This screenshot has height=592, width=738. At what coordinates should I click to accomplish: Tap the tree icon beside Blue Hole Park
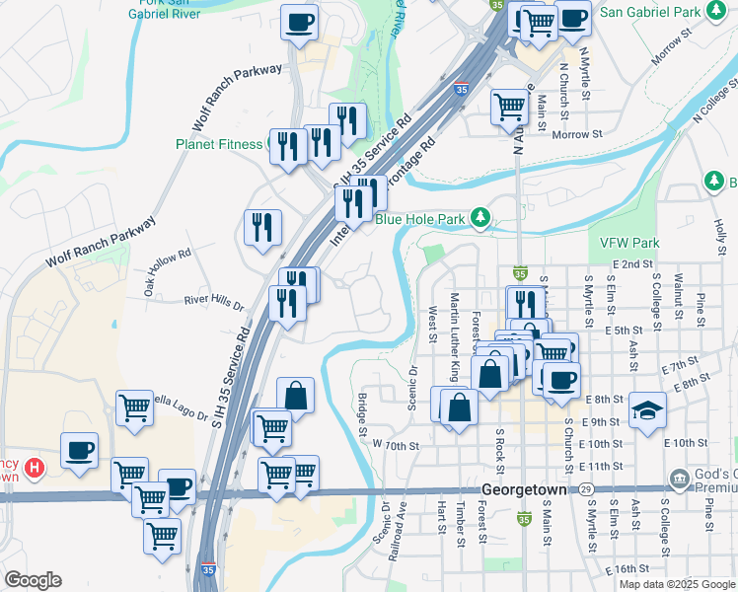click(480, 216)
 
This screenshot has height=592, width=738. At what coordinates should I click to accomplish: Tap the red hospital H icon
click(35, 466)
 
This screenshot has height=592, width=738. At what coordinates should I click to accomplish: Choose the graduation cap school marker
click(648, 408)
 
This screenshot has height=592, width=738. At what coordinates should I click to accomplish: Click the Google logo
click(33, 580)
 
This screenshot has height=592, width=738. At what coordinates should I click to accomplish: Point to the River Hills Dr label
click(214, 302)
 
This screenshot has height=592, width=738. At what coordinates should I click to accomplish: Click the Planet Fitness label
click(219, 144)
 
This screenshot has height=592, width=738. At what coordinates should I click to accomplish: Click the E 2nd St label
click(632, 263)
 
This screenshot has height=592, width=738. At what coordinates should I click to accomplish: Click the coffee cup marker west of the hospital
click(80, 450)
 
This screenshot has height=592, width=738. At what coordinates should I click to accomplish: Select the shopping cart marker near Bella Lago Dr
click(134, 407)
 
